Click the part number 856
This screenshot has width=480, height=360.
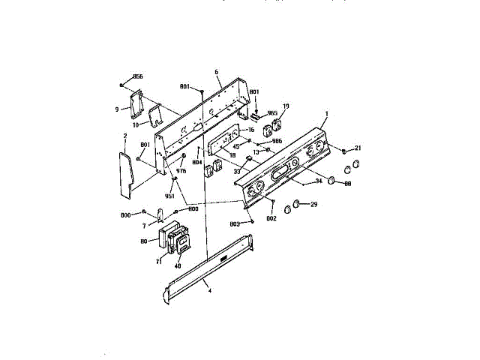137,76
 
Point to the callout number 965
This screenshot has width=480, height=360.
272,112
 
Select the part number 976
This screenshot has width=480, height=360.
181,171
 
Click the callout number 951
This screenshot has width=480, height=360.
169,196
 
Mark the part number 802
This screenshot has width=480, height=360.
271,217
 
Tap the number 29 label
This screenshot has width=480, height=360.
314,205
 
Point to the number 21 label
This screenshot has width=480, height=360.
358,148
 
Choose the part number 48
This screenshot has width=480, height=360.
178,264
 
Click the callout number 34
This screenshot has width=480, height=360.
318,181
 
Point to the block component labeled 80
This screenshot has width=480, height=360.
164,236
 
